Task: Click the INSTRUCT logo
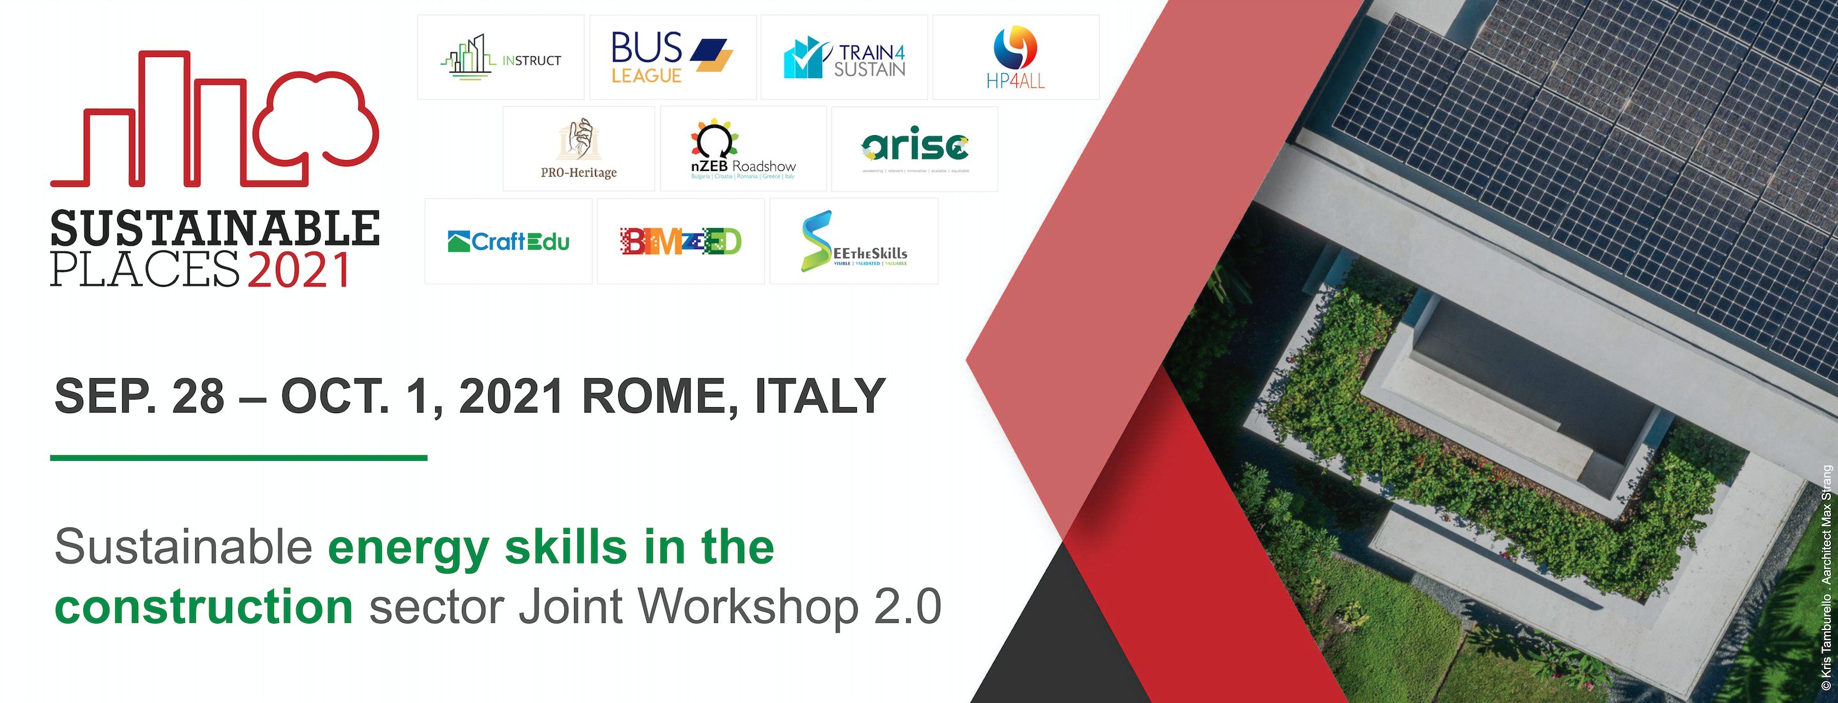[x=500, y=58]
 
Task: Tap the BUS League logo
[x=672, y=58]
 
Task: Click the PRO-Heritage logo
[x=579, y=149]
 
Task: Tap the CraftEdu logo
[x=508, y=242]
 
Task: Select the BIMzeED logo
[x=681, y=242]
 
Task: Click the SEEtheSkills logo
[x=853, y=242]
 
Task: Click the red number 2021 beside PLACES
[x=299, y=270]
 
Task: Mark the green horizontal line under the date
[x=238, y=458]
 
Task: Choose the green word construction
[x=204, y=607]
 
